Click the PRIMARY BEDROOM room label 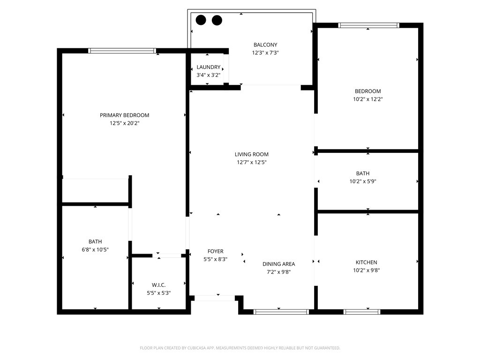pos(124,115)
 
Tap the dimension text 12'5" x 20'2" pos(124,123)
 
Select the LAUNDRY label pos(208,67)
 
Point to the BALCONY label pos(265,45)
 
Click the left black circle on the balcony pos(201,20)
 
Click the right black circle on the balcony pos(217,20)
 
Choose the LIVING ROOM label pos(252,154)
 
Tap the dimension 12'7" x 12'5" pos(252,163)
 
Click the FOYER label pos(216,251)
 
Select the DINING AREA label pos(278,264)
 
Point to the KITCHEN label pos(366,262)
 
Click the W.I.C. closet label pos(158,285)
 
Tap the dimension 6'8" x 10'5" pos(95,250)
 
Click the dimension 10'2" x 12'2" pos(367,99)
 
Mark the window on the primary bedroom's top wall pos(121,51)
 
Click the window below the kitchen pos(362,312)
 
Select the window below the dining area pos(281,312)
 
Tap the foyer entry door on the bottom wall pos(215,298)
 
